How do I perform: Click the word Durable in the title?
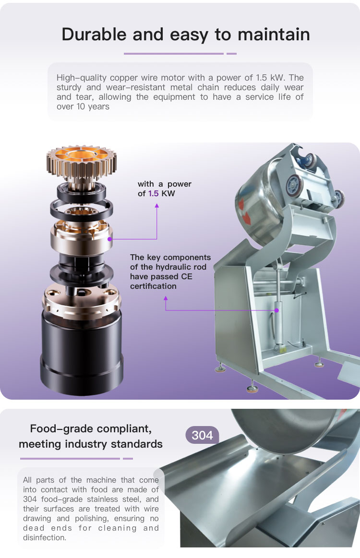[94, 35]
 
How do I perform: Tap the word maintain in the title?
[274, 35]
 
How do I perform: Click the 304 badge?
[202, 435]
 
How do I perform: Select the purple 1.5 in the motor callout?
[154, 193]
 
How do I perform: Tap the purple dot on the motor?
[109, 239]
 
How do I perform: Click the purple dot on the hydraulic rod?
[276, 310]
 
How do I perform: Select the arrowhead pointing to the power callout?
[156, 205]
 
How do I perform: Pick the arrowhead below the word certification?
[166, 298]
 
